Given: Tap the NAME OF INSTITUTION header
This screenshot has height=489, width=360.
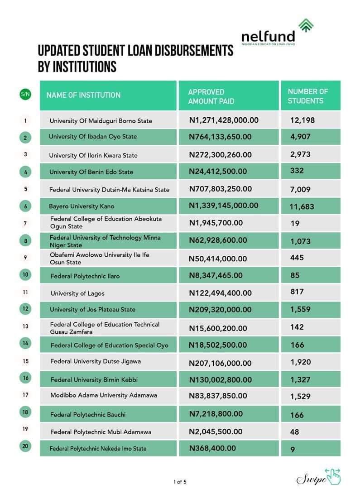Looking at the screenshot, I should click(83, 95).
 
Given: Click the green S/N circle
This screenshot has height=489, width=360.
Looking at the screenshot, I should click(25, 95).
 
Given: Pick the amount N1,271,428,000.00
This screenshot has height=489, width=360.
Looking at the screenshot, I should click(224, 120).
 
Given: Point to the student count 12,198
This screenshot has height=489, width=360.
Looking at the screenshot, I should click(302, 120).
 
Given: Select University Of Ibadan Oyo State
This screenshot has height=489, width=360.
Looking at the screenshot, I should click(93, 137).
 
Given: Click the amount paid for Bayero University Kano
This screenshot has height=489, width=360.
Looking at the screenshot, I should click(224, 206).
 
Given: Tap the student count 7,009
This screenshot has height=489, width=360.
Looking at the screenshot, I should click(300, 190).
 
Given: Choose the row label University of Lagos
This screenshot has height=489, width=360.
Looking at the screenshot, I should click(77, 293).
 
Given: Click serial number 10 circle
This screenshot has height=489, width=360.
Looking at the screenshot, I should click(25, 275).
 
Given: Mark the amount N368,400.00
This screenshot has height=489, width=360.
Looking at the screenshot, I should click(212, 448).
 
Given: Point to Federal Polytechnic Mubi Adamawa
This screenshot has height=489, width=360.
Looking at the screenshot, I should click(101, 432).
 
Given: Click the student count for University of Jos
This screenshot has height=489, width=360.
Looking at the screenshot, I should click(300, 310).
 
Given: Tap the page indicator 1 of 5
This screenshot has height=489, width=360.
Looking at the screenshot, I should click(180, 482).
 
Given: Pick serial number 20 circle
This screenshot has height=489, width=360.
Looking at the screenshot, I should click(25, 446).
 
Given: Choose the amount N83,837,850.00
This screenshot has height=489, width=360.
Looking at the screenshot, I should click(218, 396).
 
